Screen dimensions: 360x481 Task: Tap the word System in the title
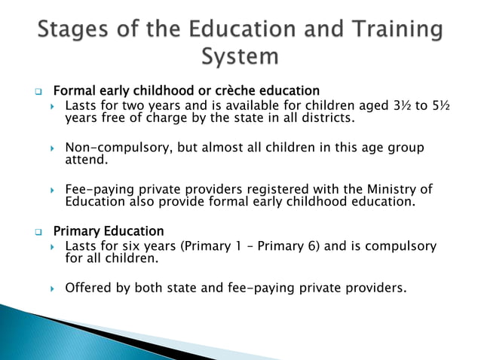pos(240,56)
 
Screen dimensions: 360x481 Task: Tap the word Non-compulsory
pos(117,148)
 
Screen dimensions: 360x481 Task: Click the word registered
pos(260,188)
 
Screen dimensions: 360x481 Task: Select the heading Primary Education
pos(109,230)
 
